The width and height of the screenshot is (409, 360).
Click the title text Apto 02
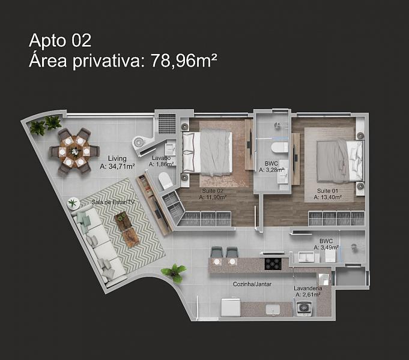tap(60, 41)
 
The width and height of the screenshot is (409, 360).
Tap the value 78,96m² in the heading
tap(184, 60)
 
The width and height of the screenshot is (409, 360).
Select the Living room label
tap(117, 158)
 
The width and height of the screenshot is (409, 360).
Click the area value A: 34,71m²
tap(117, 166)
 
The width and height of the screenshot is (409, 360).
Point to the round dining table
tap(74, 151)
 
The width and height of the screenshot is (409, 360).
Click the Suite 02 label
tap(213, 191)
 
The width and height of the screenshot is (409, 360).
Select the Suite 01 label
tap(327, 191)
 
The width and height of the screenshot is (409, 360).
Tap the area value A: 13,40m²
tap(327, 197)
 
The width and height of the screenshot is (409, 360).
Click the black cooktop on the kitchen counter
tap(273, 263)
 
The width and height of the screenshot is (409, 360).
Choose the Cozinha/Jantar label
tap(252, 284)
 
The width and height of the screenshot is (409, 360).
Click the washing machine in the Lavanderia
tap(304, 308)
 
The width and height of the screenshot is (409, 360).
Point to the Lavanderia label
tap(308, 289)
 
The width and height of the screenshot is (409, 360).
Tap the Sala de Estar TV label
tap(113, 202)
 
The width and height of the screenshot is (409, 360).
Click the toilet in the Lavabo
tap(165, 181)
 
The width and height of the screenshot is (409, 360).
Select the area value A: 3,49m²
tap(326, 247)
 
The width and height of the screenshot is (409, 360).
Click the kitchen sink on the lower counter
tap(273, 310)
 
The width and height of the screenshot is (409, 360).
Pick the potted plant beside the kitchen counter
tap(174, 272)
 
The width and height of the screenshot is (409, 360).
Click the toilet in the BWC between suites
tap(280, 148)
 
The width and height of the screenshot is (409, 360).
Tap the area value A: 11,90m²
tap(213, 197)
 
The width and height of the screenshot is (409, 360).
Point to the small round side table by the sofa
tap(73, 203)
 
